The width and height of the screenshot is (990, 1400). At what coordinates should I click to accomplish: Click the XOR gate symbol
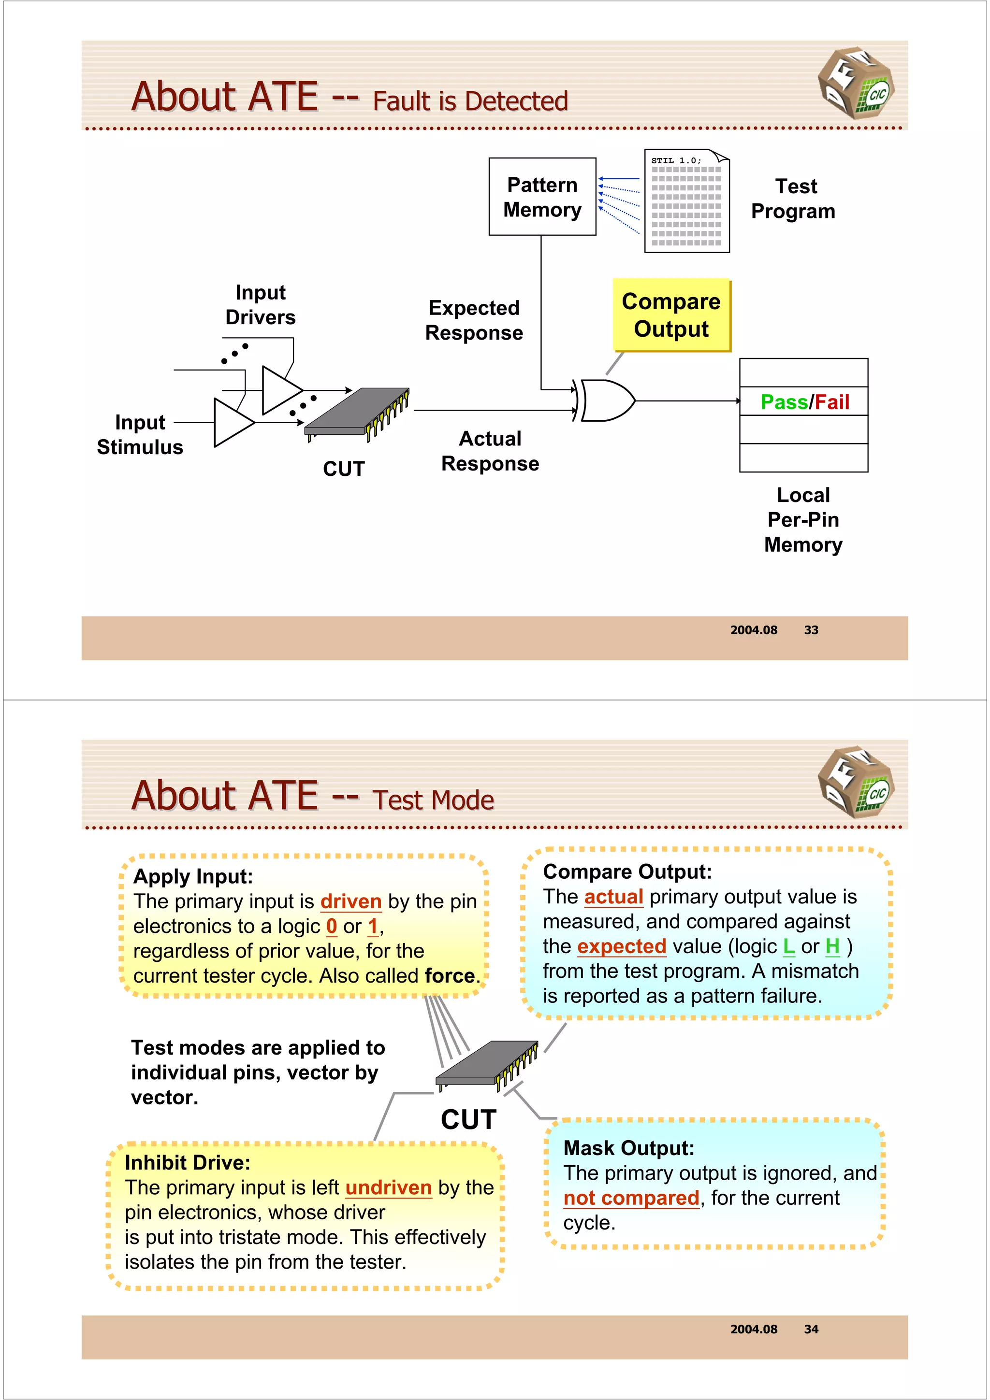click(x=607, y=400)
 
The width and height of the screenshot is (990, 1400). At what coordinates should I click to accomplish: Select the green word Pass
click(x=784, y=402)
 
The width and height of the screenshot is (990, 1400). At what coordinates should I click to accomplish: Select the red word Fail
click(x=832, y=402)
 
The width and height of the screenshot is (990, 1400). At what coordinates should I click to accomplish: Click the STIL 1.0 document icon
click(x=687, y=201)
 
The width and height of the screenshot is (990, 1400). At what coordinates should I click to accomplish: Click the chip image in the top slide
click(x=357, y=413)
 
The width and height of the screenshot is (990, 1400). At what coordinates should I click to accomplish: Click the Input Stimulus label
click(x=140, y=434)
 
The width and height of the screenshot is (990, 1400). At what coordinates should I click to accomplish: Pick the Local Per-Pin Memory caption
click(x=803, y=519)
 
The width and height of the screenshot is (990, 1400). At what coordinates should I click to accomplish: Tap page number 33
click(x=811, y=630)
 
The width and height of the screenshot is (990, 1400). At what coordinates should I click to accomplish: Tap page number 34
click(x=811, y=1329)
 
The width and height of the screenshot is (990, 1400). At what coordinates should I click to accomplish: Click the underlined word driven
click(x=351, y=901)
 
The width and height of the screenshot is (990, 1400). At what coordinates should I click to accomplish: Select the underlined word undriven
click(x=389, y=1188)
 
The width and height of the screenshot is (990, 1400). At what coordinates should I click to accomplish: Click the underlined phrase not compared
click(x=631, y=1198)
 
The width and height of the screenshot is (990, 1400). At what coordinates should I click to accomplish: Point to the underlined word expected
click(x=622, y=946)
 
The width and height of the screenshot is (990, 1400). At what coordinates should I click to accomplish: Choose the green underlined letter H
click(x=832, y=946)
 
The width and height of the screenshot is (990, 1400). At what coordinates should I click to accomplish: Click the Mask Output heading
click(x=629, y=1148)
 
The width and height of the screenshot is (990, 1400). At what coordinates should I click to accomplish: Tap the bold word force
click(x=450, y=976)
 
